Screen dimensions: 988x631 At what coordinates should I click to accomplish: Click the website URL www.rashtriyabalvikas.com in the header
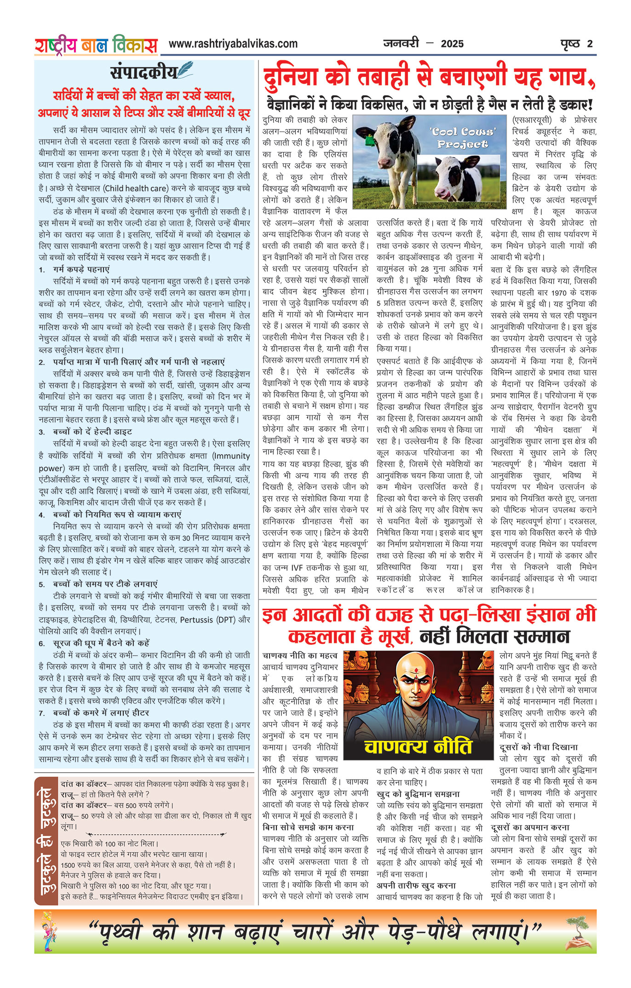pyautogui.click(x=233, y=44)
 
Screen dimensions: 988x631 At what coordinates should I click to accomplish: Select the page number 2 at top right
pyautogui.click(x=590, y=44)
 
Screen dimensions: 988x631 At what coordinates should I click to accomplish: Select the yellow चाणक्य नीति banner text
pyautogui.click(x=418, y=747)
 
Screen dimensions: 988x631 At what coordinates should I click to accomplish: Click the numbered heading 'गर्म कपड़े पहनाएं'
pyautogui.click(x=81, y=269)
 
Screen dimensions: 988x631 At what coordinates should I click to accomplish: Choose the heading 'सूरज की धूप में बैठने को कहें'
pyautogui.click(x=101, y=643)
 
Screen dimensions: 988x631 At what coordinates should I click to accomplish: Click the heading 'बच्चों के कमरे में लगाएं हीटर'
pyautogui.click(x=101, y=713)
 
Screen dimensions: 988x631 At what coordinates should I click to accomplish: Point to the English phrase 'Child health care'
pyautogui.click(x=131, y=188)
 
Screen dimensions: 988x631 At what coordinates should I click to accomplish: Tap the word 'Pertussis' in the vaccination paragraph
pyautogui.click(x=196, y=620)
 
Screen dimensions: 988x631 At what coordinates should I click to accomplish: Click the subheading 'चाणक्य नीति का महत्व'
pyautogui.click(x=300, y=655)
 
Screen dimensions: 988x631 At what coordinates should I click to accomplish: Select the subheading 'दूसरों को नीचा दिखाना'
pyautogui.click(x=538, y=747)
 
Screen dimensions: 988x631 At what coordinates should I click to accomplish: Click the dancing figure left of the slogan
pyautogui.click(x=47, y=932)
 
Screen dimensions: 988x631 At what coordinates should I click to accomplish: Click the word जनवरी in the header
pyautogui.click(x=401, y=44)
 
